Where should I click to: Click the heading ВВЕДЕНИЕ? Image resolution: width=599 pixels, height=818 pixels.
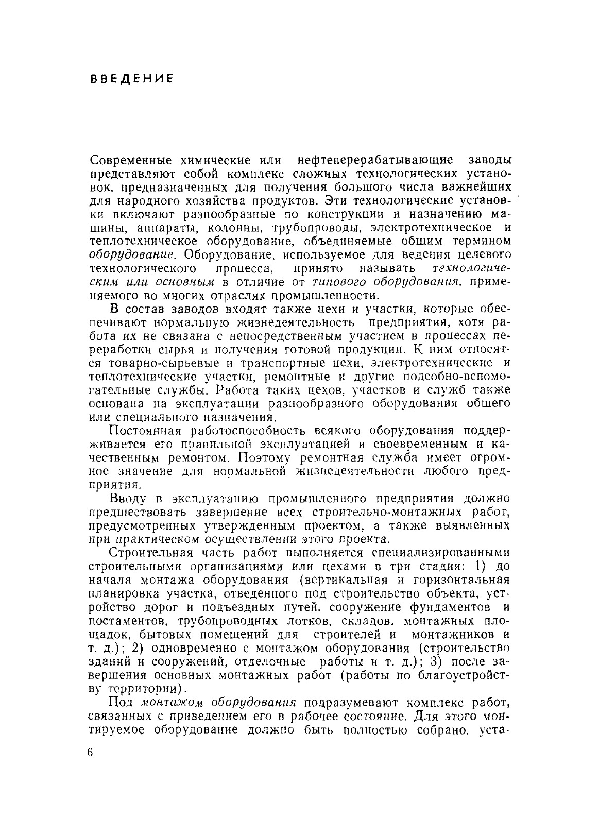pyautogui.click(x=131, y=79)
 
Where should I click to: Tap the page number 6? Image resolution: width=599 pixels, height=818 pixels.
pyautogui.click(x=92, y=753)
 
